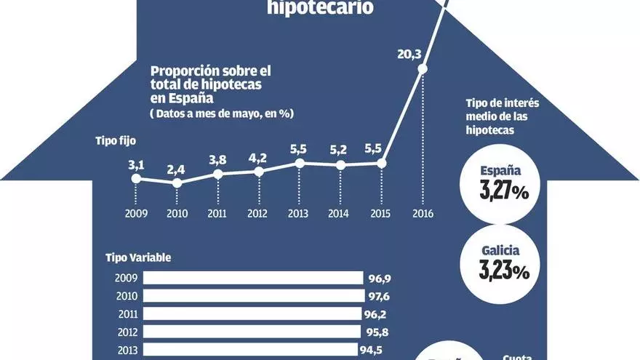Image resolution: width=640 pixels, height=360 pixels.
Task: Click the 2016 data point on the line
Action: tap(423, 70)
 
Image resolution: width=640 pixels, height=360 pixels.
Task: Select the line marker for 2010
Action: tap(177, 183)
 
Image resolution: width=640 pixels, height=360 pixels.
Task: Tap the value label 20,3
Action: tap(407, 52)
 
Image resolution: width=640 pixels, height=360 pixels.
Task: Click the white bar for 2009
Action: tap(253, 278)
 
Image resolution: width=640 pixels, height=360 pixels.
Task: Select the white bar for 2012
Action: tap(252, 332)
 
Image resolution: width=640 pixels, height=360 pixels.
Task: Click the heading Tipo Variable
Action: tap(138, 257)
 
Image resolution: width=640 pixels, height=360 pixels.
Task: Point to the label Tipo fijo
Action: tap(115, 140)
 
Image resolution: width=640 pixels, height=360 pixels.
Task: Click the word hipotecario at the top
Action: tap(321, 9)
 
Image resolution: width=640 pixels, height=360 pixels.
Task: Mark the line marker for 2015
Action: tap(383, 163)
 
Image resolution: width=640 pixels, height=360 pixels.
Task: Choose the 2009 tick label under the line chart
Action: tap(136, 214)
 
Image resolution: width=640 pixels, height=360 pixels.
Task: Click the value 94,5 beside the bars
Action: tap(375, 350)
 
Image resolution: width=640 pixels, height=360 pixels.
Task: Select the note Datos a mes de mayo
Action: tap(221, 113)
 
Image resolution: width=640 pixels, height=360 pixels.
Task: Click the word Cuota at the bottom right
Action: tap(517, 356)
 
